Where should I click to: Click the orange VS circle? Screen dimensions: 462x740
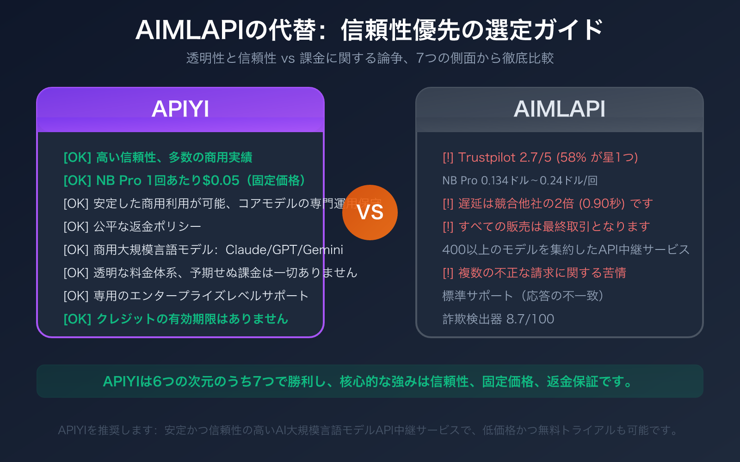pyautogui.click(x=370, y=213)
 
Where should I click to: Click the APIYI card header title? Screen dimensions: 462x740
pyautogui.click(x=180, y=109)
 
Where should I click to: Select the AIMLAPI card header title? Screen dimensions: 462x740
pyautogui.click(x=559, y=109)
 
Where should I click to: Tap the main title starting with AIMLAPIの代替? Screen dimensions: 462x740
pyautogui.click(x=370, y=30)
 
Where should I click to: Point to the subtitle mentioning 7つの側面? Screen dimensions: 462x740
pyautogui.click(x=370, y=58)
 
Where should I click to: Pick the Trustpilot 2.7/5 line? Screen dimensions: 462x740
pyautogui.click(x=540, y=158)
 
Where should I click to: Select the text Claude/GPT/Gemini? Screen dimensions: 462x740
pyautogui.click(x=284, y=250)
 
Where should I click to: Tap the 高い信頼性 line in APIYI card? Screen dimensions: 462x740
pyautogui.click(x=158, y=158)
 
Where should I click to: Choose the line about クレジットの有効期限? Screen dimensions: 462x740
pyautogui.click(x=176, y=319)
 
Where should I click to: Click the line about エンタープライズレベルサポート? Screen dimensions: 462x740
pyautogui.click(x=186, y=296)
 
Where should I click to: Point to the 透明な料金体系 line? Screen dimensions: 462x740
pyautogui.click(x=210, y=273)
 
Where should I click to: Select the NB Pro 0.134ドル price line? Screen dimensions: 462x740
pyautogui.click(x=520, y=180)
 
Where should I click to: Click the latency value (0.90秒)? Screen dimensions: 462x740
pyautogui.click(x=602, y=203)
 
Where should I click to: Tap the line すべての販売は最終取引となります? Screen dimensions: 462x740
pyautogui.click(x=546, y=226)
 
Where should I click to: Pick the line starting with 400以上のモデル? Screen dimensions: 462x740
pyautogui.click(x=566, y=249)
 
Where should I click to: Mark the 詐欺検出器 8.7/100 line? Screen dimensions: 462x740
pyautogui.click(x=498, y=319)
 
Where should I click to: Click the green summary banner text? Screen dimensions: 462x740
pyautogui.click(x=370, y=382)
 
